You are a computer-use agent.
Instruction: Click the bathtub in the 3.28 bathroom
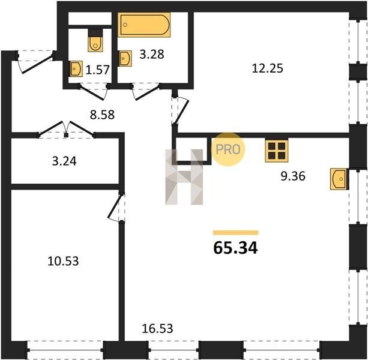pyautogui.click(x=144, y=25)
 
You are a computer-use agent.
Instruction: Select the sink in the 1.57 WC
pyautogui.click(x=76, y=68)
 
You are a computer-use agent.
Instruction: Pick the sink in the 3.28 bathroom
pyautogui.click(x=125, y=58)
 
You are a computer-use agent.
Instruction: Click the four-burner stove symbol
pyautogui.click(x=277, y=151)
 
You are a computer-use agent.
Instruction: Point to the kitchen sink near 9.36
pyautogui.click(x=339, y=179)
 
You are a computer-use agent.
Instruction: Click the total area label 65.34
pyautogui.click(x=236, y=248)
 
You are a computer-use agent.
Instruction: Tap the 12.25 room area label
pyautogui.click(x=267, y=68)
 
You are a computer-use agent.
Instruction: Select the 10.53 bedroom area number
pyautogui.click(x=63, y=261)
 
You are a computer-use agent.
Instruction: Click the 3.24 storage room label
pyautogui.click(x=64, y=161)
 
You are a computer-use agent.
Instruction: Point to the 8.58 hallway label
pyautogui.click(x=102, y=115)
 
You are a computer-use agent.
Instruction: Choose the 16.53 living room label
pyautogui.click(x=157, y=328)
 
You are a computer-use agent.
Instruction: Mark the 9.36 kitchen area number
pyautogui.click(x=293, y=176)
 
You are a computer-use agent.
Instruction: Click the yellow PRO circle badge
pyautogui.click(x=228, y=149)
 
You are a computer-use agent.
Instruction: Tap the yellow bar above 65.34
pyautogui.click(x=236, y=233)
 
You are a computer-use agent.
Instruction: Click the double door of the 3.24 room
pyautogui.click(x=67, y=130)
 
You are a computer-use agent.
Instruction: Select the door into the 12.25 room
pyautogui.click(x=180, y=110)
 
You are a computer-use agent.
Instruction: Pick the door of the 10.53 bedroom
pyautogui.click(x=116, y=206)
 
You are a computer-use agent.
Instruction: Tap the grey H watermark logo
pyautogui.click(x=184, y=177)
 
